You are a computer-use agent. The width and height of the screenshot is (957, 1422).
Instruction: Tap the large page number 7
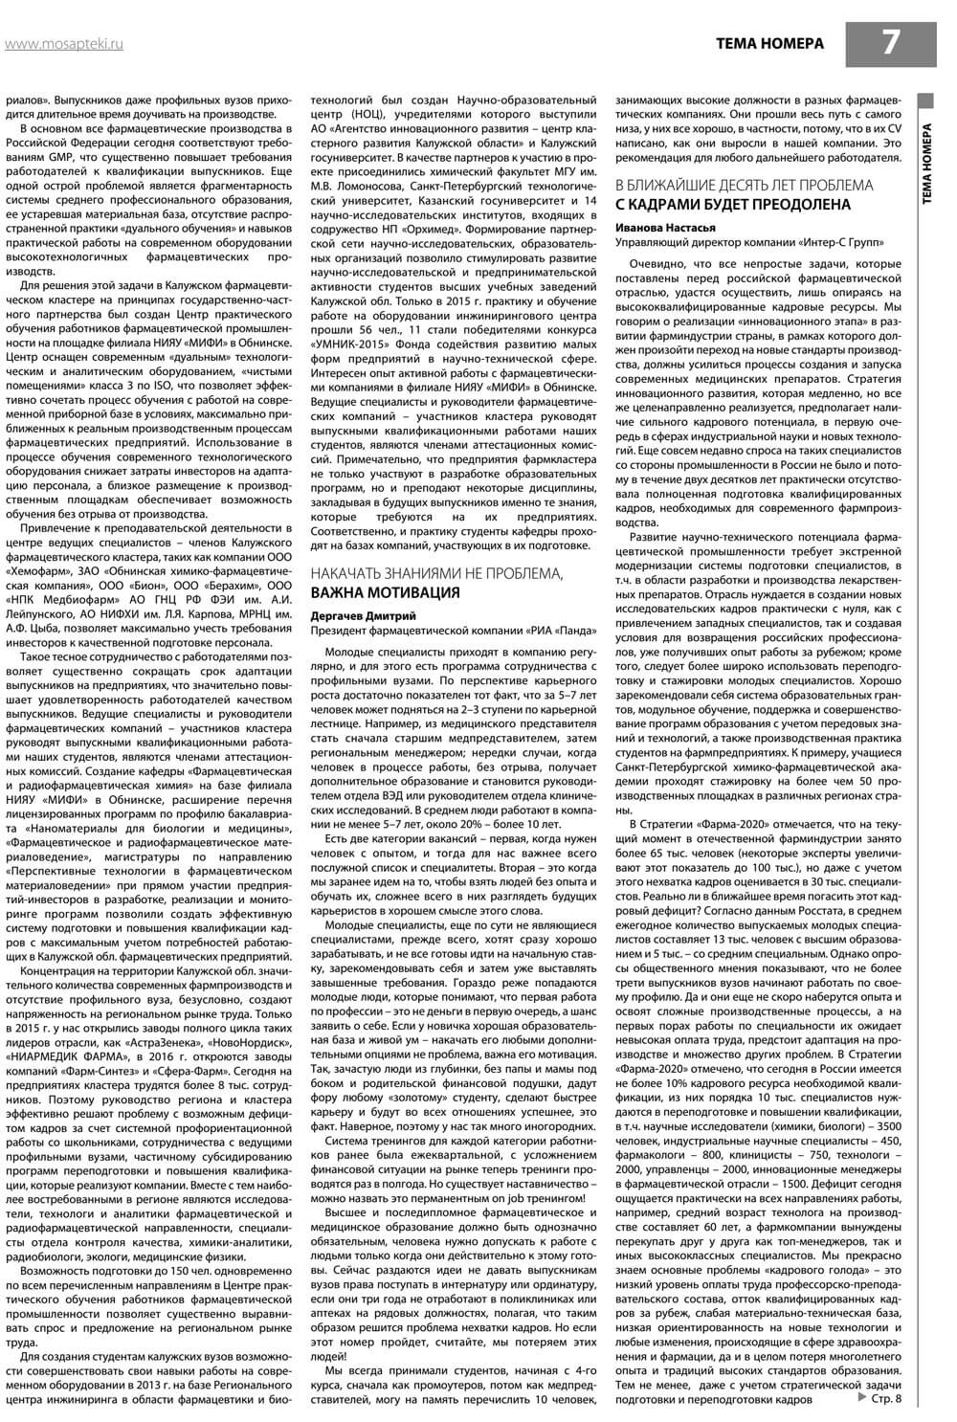coord(891,42)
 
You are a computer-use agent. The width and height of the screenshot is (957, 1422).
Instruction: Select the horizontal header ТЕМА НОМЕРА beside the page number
coord(768,44)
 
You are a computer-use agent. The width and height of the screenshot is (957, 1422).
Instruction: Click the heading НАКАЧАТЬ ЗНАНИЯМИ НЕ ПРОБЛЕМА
coord(436,573)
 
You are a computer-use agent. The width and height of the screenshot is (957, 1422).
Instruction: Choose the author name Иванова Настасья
coord(663,228)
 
